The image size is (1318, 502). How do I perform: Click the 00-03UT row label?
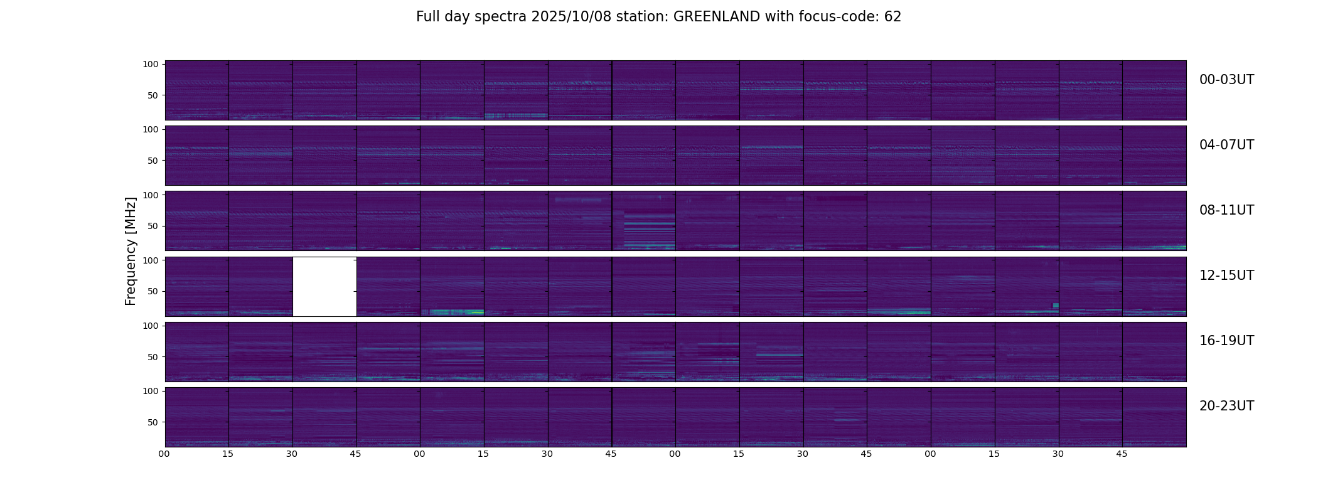[1226, 80]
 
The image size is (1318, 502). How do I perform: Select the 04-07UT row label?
[1226, 145]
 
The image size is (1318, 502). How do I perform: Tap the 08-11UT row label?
[1226, 210]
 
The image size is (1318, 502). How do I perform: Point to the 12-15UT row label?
[1226, 275]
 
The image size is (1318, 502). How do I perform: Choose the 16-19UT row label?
[1226, 341]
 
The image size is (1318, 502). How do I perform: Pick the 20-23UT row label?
[1226, 406]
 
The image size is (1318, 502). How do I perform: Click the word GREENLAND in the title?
[716, 17]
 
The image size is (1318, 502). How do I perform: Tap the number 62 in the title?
[892, 17]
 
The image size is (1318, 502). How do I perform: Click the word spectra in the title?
[501, 17]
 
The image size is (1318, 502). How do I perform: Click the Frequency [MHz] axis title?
[131, 251]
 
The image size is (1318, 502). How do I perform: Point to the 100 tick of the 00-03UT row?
[151, 64]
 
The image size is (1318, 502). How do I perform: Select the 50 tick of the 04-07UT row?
[153, 161]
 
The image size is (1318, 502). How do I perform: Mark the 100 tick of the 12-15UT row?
[151, 260]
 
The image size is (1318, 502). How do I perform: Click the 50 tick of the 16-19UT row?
[153, 357]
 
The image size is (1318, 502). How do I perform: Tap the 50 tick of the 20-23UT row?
[153, 422]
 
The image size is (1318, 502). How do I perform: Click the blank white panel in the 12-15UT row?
[324, 286]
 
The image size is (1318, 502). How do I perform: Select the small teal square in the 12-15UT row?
[1056, 305]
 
